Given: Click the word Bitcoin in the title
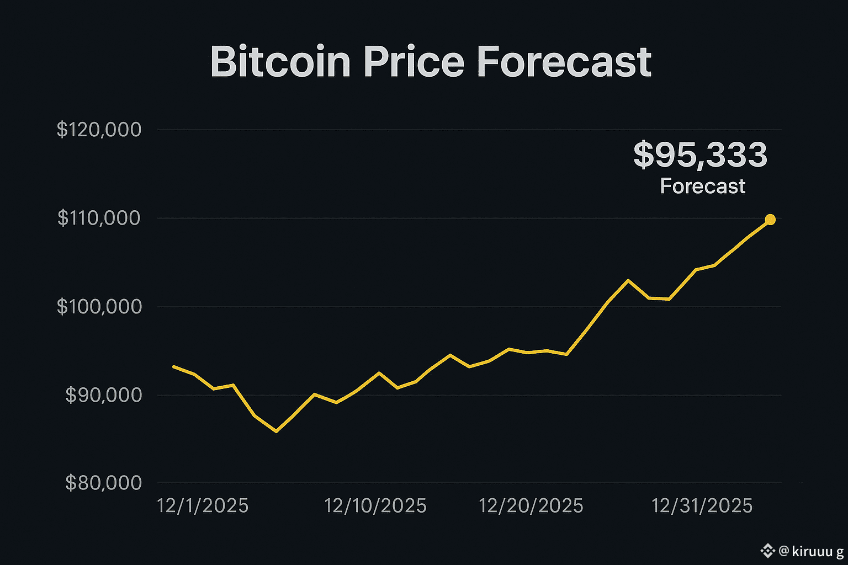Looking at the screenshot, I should pyautogui.click(x=280, y=62).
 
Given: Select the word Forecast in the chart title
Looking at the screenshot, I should pyautogui.click(x=564, y=62).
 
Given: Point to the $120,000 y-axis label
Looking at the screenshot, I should pyautogui.click(x=99, y=130).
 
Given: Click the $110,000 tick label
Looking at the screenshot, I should pyautogui.click(x=99, y=218).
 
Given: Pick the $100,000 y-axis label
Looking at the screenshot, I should pyautogui.click(x=99, y=307).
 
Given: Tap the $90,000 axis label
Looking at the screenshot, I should pyautogui.click(x=103, y=395).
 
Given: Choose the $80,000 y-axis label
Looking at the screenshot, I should pyautogui.click(x=103, y=483).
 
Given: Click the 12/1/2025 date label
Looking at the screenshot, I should pyautogui.click(x=203, y=506).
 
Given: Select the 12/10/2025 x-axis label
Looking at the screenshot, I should pyautogui.click(x=375, y=506).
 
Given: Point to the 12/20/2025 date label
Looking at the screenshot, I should pyautogui.click(x=531, y=506).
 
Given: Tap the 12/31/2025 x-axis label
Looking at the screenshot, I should pyautogui.click(x=702, y=506).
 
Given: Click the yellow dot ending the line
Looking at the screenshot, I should pyautogui.click(x=770, y=220).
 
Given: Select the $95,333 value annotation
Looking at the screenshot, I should pyautogui.click(x=700, y=155).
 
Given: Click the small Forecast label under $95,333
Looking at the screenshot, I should pyautogui.click(x=703, y=186).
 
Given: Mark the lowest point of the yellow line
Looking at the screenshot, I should pyautogui.click(x=276, y=431).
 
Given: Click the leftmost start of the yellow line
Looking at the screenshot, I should pyautogui.click(x=173, y=366).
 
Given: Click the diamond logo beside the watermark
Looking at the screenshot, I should pyautogui.click(x=767, y=551).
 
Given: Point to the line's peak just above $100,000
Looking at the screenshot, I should pyautogui.click(x=628, y=280).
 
